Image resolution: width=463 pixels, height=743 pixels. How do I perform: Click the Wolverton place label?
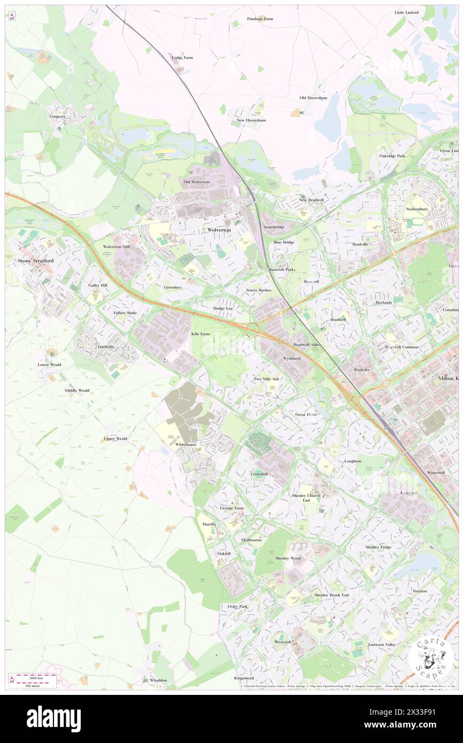(x=219, y=230)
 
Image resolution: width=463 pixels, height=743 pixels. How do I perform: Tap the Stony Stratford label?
(x=36, y=261)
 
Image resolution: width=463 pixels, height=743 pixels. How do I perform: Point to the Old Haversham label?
(x=313, y=98)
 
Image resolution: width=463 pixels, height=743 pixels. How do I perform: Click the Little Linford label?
(x=406, y=12)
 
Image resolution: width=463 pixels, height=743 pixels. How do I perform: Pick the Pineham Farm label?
(x=260, y=19)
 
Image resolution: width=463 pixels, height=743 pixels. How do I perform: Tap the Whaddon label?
(x=158, y=680)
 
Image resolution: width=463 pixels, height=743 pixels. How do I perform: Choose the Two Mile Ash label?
(x=266, y=379)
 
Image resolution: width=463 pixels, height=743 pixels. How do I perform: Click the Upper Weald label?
(x=115, y=439)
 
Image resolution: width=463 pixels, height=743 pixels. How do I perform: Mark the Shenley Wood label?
(x=288, y=558)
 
